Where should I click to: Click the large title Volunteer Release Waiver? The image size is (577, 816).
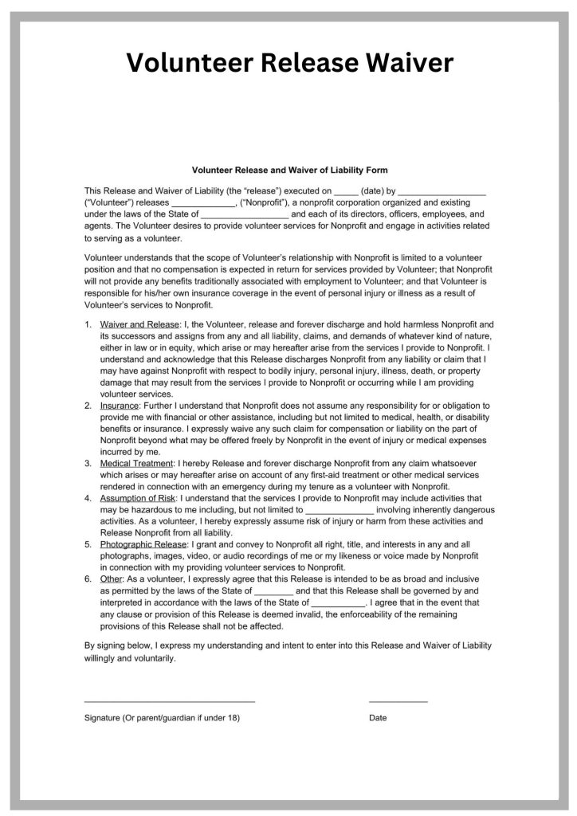[290, 63]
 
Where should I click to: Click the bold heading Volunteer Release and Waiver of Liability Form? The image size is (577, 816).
[289, 170]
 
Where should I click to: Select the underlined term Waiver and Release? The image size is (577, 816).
[139, 324]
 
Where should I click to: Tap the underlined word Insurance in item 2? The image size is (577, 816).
[120, 406]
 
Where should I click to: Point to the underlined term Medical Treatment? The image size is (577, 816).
[136, 463]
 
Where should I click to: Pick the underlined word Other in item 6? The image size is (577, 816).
[112, 579]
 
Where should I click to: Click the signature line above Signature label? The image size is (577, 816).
[170, 700]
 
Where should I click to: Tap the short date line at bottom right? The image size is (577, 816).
[398, 700]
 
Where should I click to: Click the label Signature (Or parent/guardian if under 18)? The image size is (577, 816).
[162, 718]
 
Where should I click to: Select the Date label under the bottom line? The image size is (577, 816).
[378, 718]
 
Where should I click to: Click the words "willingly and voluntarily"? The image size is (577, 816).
[130, 659]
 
